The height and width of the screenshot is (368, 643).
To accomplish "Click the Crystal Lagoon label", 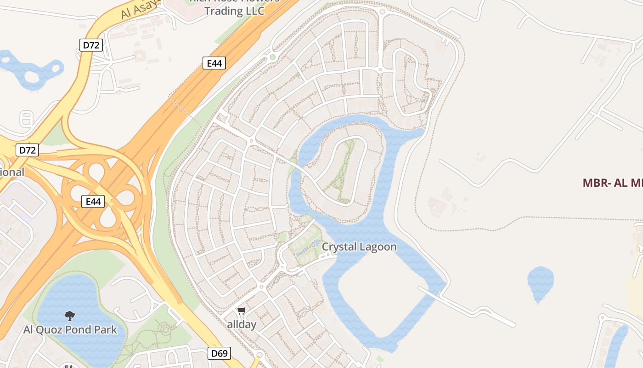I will click(x=359, y=247).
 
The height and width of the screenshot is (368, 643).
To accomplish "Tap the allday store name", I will click(x=242, y=324).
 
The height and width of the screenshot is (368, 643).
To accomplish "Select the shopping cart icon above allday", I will click(x=242, y=311).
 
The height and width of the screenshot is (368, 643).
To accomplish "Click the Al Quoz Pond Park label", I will click(x=70, y=330).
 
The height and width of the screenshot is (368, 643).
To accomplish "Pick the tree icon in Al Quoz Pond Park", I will click(x=70, y=316).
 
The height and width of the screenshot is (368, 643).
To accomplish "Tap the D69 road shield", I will click(x=219, y=353).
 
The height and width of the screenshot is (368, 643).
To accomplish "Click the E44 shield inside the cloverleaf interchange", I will click(x=93, y=201).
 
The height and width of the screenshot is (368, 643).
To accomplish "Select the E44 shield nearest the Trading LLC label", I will click(x=214, y=63).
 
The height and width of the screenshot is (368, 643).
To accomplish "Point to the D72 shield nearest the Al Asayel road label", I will click(x=90, y=45).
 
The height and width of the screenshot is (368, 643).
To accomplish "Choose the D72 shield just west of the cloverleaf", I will click(x=27, y=149).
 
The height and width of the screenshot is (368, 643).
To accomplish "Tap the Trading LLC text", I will click(x=234, y=11).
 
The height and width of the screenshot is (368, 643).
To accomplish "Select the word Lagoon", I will click(x=378, y=247).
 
